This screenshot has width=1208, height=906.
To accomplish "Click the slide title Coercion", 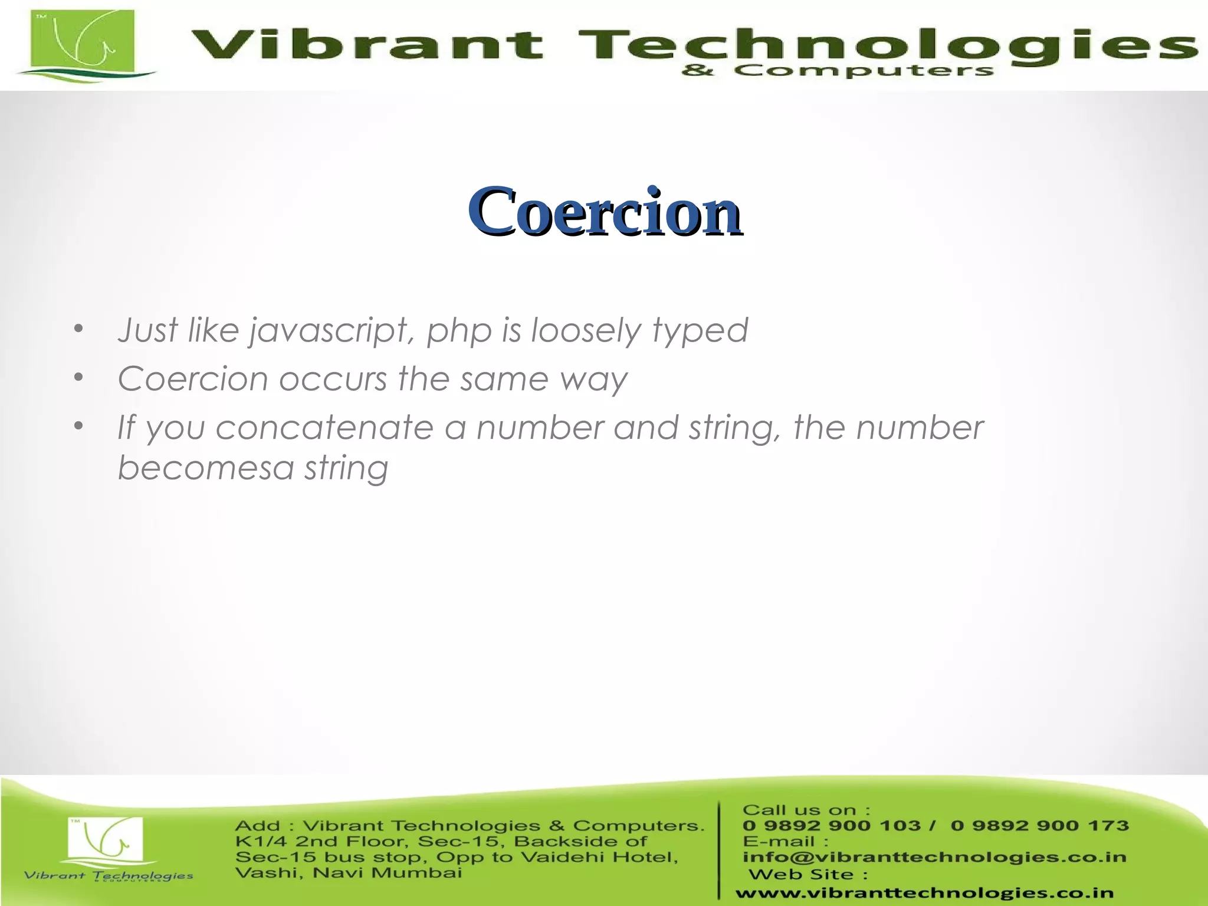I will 604,211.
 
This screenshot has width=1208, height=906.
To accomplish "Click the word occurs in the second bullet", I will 333,379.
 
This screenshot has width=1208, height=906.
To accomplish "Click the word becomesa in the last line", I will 205,468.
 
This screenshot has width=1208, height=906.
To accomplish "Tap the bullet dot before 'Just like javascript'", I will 78,329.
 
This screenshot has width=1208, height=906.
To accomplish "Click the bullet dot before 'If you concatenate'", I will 78,426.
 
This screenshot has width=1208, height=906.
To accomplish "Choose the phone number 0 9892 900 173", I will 1039,826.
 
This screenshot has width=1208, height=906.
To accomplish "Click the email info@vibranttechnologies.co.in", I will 934,857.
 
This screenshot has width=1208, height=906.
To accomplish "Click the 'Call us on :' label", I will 806,810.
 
